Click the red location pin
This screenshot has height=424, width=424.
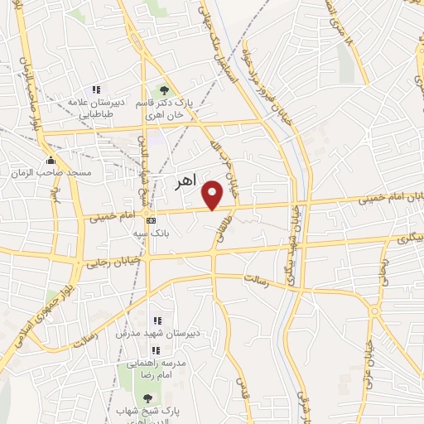(213, 195)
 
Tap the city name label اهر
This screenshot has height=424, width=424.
(189, 182)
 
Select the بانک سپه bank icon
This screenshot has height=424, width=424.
(150, 220)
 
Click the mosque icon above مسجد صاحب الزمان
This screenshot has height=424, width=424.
(51, 160)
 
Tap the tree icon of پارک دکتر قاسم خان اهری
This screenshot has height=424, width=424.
(164, 90)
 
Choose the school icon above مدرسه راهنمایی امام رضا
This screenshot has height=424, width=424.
(156, 349)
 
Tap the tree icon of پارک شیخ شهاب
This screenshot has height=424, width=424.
(147, 399)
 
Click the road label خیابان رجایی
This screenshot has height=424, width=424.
(111, 260)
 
